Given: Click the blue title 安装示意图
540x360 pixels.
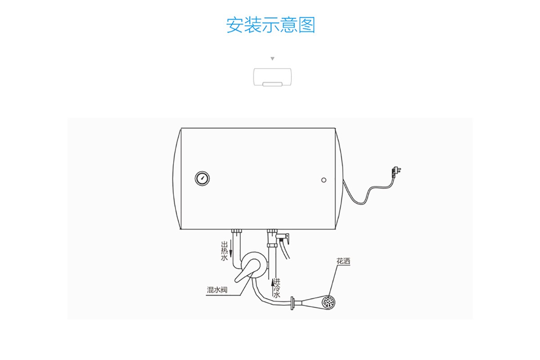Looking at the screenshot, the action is point(270,25).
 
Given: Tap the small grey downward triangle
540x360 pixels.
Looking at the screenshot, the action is point(272,58).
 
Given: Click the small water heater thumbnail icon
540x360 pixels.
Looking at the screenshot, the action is point(272,77).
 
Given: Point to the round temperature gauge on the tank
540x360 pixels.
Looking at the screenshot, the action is point(202,179).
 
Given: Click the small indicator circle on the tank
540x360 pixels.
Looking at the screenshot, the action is point(324,180).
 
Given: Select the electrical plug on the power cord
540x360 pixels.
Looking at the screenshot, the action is point(396,171).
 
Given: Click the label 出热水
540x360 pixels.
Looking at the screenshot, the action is point(224,251).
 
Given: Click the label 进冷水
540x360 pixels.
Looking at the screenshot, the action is point(277,288).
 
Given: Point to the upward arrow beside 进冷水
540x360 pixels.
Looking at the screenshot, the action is point(273,288).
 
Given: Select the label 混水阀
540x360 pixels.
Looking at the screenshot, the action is point(217,290).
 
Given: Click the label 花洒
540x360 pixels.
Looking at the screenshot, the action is point(343,261).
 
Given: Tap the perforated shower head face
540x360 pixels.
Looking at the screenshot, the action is point(328,301).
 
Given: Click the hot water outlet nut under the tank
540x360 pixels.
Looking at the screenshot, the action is point(237,231).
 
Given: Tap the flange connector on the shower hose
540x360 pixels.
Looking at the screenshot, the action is point(292,303).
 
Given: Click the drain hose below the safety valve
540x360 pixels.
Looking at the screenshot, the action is point(285,250).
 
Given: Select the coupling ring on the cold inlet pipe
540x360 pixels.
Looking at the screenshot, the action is point(272,245).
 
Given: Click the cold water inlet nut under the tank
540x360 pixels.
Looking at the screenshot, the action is point(272,231).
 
